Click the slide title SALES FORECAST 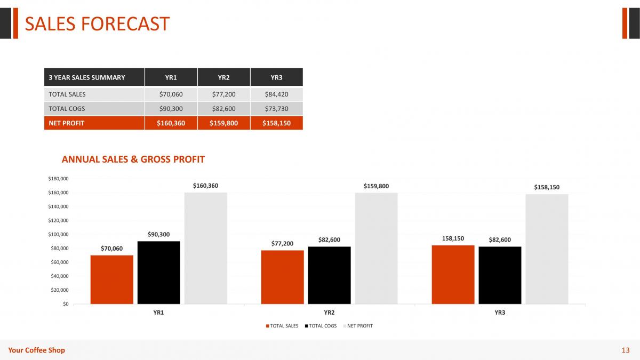[x=97, y=23]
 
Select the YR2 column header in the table [x=223, y=77]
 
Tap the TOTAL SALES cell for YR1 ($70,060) [x=171, y=94]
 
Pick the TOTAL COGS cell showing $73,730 [x=276, y=109]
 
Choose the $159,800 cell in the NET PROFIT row [x=223, y=123]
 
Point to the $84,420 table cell [x=276, y=94]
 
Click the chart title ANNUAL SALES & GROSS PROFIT [x=133, y=159]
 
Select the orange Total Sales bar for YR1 [x=111, y=279]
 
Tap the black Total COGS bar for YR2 [x=329, y=275]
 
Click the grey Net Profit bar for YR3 [x=547, y=249]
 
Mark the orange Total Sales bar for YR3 [x=453, y=275]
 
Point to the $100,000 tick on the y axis [x=58, y=234]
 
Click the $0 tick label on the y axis [x=66, y=304]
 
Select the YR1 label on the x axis [x=158, y=313]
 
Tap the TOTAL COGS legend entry [x=321, y=326]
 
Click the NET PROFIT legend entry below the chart [x=358, y=326]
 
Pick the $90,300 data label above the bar [x=158, y=235]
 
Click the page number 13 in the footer [x=626, y=350]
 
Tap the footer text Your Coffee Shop [x=37, y=350]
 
